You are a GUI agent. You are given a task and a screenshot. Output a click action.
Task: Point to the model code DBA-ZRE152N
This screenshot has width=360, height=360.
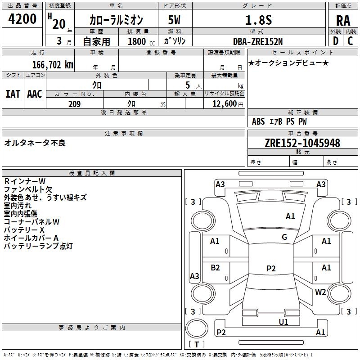[258, 41]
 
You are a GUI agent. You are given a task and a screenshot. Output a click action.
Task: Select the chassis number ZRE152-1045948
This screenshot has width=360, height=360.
[302, 143]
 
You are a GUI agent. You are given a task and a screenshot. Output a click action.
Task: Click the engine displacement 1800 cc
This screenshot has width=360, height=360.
[138, 41]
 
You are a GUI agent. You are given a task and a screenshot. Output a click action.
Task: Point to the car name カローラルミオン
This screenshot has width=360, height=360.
[116, 20]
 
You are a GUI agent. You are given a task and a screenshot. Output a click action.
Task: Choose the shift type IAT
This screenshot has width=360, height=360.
[13, 94]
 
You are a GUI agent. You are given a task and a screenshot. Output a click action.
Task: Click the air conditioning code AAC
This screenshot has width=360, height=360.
[35, 94]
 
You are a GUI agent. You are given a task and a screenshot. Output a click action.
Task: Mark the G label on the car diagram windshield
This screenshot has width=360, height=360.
[284, 237]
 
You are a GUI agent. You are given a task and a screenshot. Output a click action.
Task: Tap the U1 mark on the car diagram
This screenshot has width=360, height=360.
[283, 322]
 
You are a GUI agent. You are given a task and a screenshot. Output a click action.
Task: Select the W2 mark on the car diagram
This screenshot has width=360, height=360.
[320, 292]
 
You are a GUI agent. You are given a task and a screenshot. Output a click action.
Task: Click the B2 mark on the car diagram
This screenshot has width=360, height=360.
[216, 268]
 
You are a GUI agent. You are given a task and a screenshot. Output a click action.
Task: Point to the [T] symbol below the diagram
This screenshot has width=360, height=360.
[197, 345]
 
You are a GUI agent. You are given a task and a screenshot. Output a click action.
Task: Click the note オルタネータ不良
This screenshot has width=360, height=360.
[35, 143]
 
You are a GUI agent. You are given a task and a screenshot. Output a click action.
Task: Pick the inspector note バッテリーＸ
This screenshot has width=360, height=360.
[24, 229]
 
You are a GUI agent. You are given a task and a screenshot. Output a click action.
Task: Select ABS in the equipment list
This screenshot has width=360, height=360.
[258, 121]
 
